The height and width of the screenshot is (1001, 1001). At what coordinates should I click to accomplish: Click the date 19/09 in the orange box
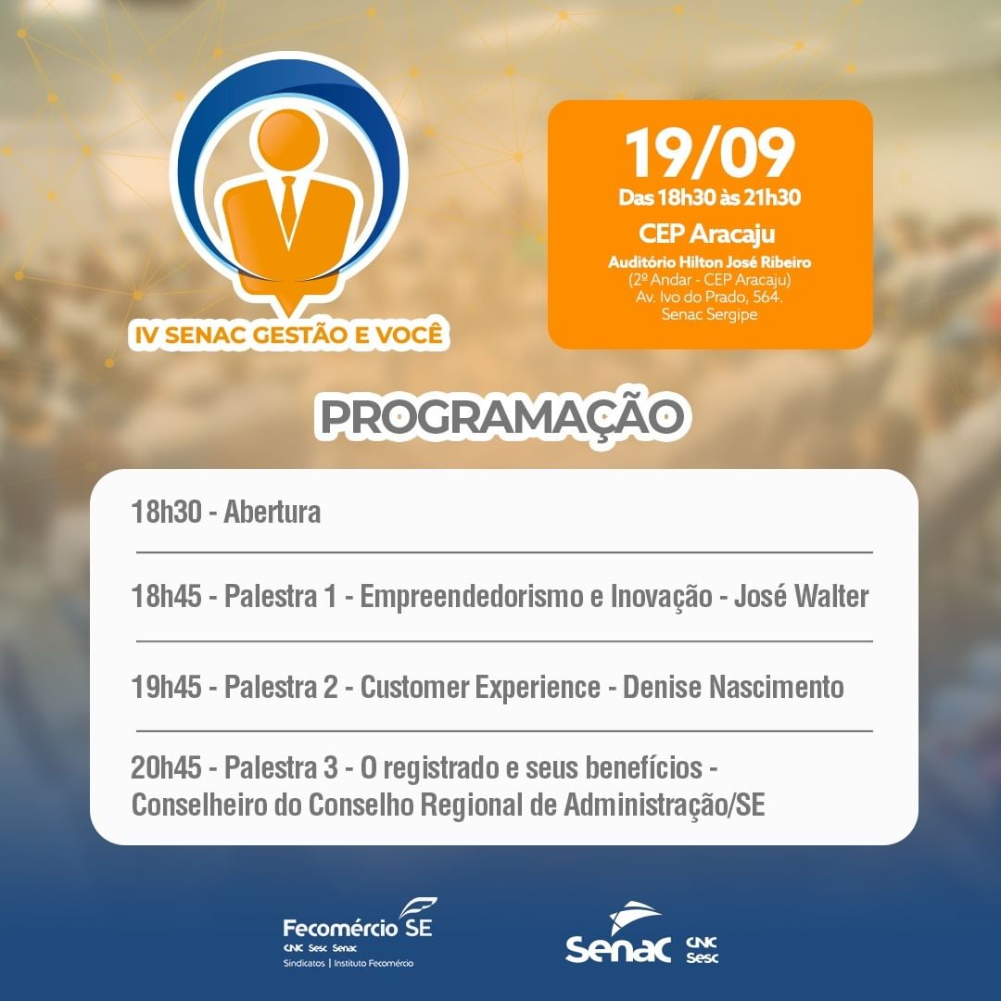[709, 153]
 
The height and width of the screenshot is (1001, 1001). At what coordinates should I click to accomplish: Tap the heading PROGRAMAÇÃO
[501, 416]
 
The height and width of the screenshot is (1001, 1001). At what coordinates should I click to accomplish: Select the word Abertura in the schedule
[272, 512]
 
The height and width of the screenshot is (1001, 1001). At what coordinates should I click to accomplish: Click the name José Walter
[801, 596]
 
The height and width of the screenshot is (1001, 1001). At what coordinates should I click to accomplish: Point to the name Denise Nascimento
[733, 687]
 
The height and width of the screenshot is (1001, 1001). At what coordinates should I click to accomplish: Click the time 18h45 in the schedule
[166, 596]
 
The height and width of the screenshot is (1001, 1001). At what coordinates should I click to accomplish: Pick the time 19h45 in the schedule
[166, 688]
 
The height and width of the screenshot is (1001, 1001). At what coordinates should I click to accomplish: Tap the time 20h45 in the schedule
[166, 768]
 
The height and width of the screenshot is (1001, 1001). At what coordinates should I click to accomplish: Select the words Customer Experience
[480, 688]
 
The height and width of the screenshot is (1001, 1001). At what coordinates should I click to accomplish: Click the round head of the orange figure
[288, 140]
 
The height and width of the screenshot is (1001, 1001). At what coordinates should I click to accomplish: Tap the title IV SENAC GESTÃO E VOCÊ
[288, 335]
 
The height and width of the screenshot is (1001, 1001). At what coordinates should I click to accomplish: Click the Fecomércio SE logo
[358, 932]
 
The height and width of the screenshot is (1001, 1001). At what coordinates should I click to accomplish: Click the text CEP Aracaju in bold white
[707, 234]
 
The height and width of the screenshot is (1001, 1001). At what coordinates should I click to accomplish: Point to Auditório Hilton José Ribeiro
[709, 261]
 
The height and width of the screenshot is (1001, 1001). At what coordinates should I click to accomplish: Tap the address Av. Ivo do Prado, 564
[709, 297]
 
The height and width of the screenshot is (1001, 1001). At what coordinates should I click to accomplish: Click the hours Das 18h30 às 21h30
[709, 197]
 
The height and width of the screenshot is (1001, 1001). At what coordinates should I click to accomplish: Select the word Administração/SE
[664, 805]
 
